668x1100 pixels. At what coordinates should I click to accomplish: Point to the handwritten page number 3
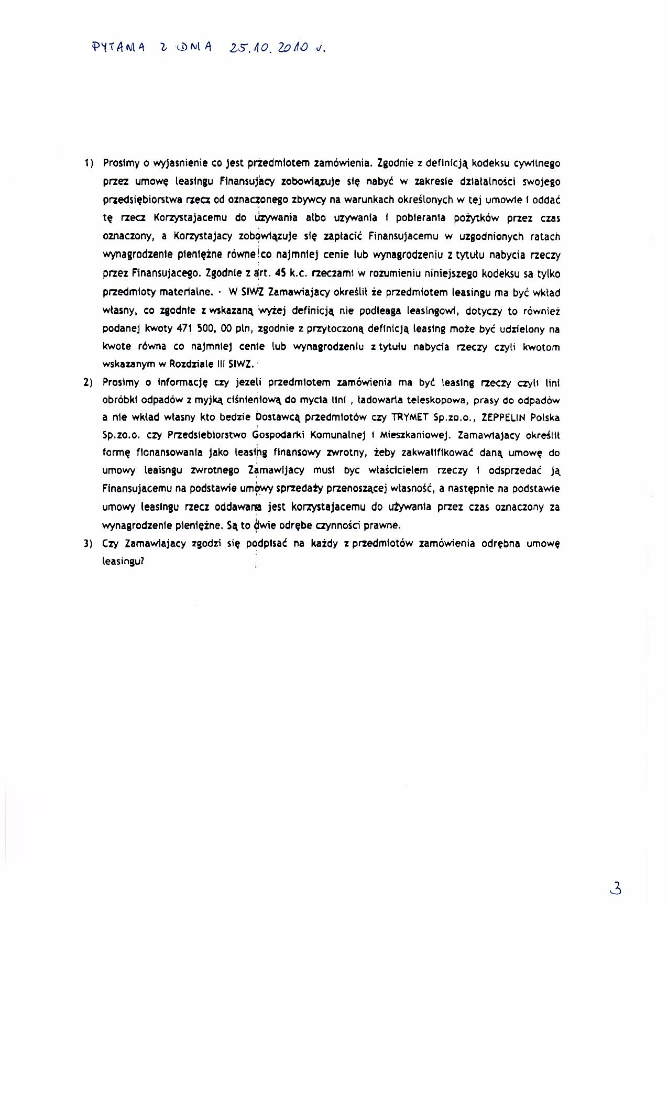[x=616, y=888]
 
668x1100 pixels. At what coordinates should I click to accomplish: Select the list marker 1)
[x=88, y=163]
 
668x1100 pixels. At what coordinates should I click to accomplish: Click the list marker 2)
[x=88, y=383]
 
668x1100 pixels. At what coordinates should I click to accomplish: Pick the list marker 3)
[x=88, y=544]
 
